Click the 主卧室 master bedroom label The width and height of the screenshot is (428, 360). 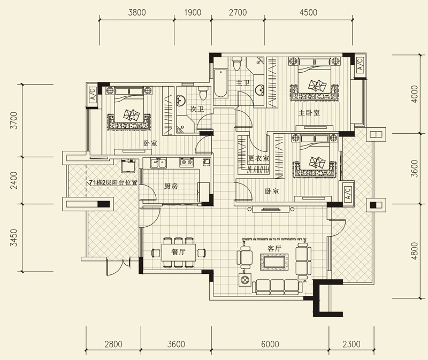(309, 112)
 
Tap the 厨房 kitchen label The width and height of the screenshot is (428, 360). (171, 186)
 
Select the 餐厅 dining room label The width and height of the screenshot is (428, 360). (179, 251)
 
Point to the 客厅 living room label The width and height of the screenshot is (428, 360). (274, 249)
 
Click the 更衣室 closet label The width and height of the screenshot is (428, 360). (258, 158)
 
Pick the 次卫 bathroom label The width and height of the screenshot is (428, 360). (197, 109)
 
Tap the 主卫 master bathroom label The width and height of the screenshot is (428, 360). (243, 82)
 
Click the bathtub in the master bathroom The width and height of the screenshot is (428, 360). (220, 83)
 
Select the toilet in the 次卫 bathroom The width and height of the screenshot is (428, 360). (203, 94)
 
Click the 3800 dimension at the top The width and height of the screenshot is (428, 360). (137, 12)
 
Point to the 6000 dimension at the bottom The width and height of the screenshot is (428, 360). (270, 344)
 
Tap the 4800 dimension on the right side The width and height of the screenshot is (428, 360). (414, 251)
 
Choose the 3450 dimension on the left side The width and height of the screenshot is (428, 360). (14, 238)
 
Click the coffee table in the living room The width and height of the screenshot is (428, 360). (274, 262)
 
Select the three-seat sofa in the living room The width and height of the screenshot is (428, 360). (277, 287)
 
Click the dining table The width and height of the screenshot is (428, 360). (179, 252)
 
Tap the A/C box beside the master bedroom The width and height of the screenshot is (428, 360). (360, 64)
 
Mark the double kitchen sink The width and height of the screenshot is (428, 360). (158, 163)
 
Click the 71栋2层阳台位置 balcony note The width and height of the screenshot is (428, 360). (113, 182)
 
